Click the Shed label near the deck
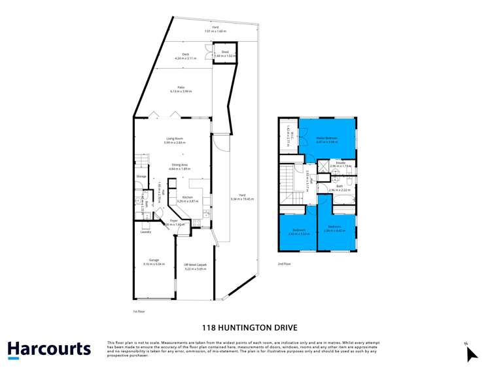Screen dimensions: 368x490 pos(224,50)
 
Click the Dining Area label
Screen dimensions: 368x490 pos(180,165)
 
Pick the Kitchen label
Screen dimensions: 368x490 pos(187,196)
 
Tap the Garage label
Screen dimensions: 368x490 pos(154,261)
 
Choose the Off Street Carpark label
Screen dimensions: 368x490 pos(195,265)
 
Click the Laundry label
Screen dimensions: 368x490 pos(146,231)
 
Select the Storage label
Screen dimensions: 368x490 pos(141,177)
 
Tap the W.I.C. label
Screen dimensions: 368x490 pos(287,136)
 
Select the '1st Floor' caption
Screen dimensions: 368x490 pos(138,311)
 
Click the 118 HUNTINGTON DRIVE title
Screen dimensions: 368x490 pos(245,327)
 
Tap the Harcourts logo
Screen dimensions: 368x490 pos(49,349)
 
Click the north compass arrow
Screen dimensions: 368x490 pos(472,353)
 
